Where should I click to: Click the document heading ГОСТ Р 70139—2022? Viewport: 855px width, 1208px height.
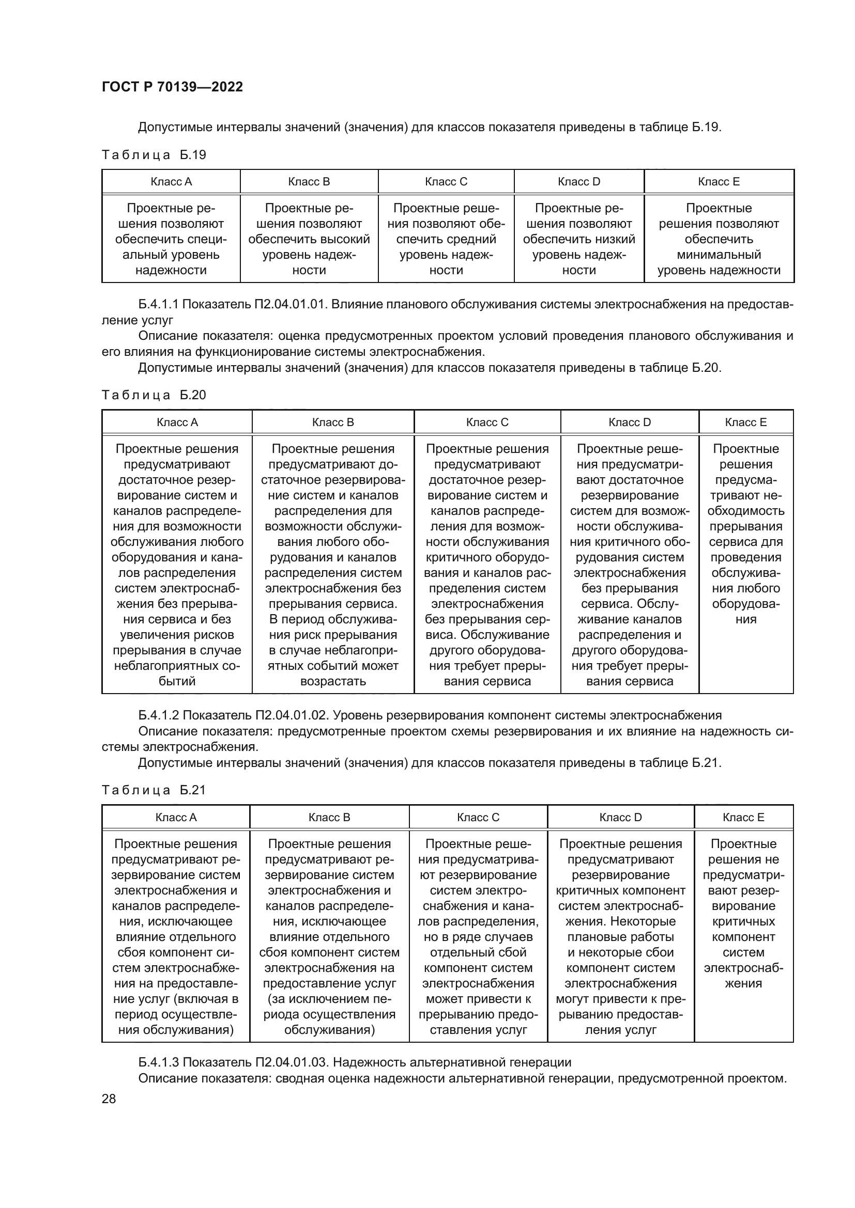pyautogui.click(x=172, y=87)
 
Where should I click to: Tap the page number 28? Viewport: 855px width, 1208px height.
pyautogui.click(x=109, y=1099)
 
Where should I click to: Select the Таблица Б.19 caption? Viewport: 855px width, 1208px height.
pyautogui.click(x=154, y=155)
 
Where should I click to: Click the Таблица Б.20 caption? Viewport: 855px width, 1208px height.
pyautogui.click(x=154, y=395)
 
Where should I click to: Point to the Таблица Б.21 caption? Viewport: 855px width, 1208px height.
pyautogui.click(x=154, y=790)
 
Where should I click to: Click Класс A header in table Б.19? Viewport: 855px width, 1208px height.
pyautogui.click(x=171, y=181)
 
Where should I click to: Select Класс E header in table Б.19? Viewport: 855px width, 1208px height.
pyautogui.click(x=719, y=181)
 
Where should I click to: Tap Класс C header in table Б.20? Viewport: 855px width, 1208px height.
pyautogui.click(x=487, y=422)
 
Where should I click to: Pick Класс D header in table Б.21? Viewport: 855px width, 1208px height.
pyautogui.click(x=620, y=817)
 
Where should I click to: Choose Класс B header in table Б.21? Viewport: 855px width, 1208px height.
pyautogui.click(x=329, y=817)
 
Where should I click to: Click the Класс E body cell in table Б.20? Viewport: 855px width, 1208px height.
pyautogui.click(x=745, y=534)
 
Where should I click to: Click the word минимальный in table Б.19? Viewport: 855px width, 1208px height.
pyautogui.click(x=719, y=255)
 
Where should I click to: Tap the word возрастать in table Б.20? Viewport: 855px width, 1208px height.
pyautogui.click(x=333, y=681)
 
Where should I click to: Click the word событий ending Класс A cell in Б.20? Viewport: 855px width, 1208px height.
pyautogui.click(x=177, y=681)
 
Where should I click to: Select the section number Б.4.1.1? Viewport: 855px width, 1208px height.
pyautogui.click(x=159, y=305)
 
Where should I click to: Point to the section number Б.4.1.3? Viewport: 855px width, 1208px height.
pyautogui.click(x=159, y=1062)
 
